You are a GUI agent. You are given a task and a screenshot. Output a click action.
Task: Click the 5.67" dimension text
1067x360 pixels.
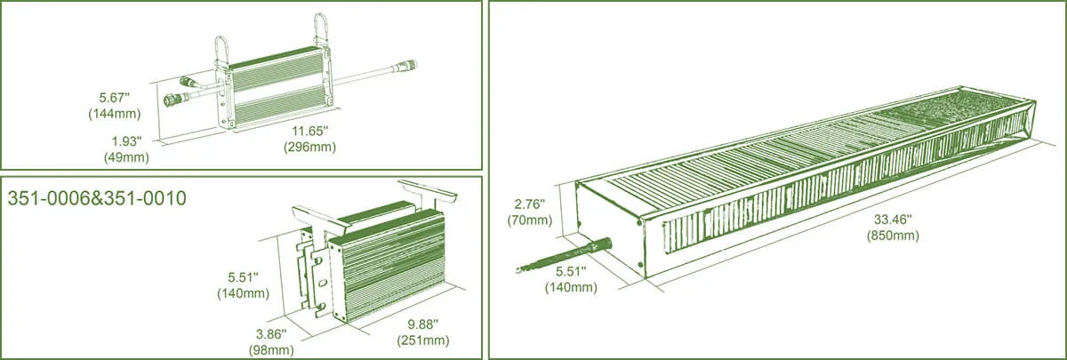[115, 98]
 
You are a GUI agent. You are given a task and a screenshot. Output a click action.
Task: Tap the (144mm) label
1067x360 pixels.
[115, 114]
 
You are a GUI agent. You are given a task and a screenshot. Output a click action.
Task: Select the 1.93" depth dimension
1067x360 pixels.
[126, 141]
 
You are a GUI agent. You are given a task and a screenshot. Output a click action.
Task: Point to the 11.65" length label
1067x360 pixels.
[310, 131]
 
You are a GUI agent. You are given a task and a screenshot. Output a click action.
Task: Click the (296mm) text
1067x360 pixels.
[310, 147]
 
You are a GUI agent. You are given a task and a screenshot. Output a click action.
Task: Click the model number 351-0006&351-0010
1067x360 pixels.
[97, 198]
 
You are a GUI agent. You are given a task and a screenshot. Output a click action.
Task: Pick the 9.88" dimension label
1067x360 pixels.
[423, 324]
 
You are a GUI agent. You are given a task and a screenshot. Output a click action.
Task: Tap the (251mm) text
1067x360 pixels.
[423, 340]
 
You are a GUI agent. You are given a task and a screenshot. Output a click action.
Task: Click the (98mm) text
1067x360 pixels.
[271, 350]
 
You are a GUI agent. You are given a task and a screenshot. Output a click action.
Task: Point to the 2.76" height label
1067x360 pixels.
[530, 204]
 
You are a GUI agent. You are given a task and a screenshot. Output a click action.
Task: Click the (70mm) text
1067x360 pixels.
[530, 220]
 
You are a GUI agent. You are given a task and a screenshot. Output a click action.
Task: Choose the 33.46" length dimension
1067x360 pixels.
[893, 220]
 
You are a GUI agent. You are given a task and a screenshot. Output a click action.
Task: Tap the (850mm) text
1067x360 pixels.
[893, 236]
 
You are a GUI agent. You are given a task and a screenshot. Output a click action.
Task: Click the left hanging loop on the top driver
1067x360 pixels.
[222, 49]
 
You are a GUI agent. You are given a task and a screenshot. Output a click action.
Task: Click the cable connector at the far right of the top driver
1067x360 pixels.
[405, 66]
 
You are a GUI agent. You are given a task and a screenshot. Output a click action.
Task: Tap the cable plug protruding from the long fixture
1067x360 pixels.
[565, 258]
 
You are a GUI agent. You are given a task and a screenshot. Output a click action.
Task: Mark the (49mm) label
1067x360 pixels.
[126, 157]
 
